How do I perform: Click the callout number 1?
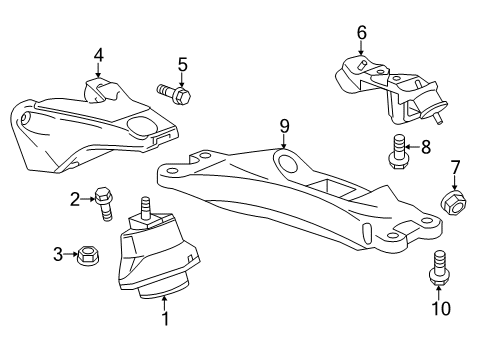(x=166, y=319)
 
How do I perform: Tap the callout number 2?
(x=75, y=199)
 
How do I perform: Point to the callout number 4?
(x=98, y=55)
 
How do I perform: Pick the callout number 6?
(x=362, y=33)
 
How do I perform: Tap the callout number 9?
(x=284, y=125)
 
